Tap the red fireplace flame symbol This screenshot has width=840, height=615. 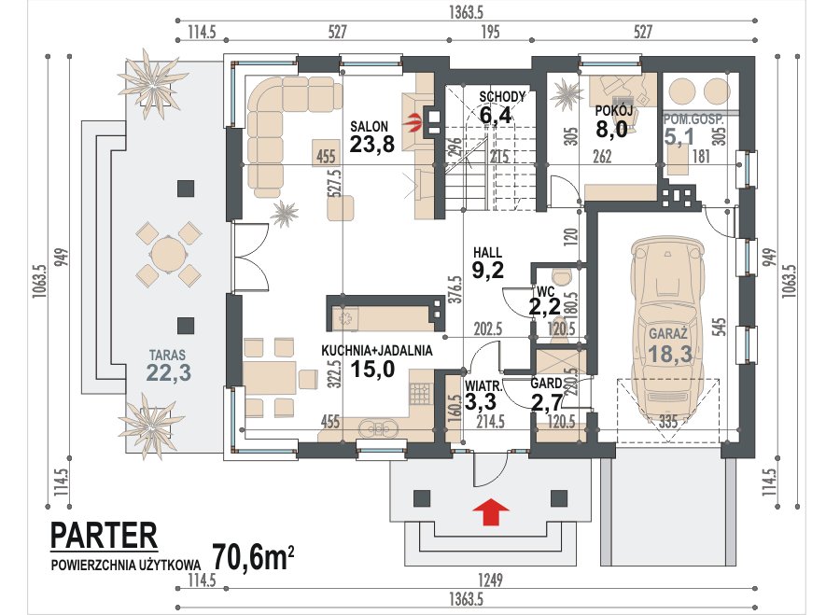[x=414, y=122]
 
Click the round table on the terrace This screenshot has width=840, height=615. [x=168, y=255]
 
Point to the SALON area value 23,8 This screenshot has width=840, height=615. [x=371, y=143]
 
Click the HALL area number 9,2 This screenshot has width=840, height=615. [x=487, y=270]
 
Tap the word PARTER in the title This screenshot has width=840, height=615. [x=104, y=535]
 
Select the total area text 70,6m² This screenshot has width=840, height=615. [x=253, y=558]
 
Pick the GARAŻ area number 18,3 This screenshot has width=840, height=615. [x=669, y=354]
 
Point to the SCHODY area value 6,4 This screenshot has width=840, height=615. [x=496, y=115]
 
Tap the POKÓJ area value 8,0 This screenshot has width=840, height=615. [x=611, y=129]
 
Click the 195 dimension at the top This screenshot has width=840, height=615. [x=490, y=32]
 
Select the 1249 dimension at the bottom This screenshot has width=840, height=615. [x=489, y=580]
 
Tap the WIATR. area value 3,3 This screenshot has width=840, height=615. [x=481, y=401]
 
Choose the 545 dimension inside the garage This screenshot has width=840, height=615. [x=719, y=328]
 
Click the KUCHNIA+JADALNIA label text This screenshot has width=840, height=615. [x=377, y=351]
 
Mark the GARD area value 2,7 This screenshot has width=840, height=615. [x=546, y=402]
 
